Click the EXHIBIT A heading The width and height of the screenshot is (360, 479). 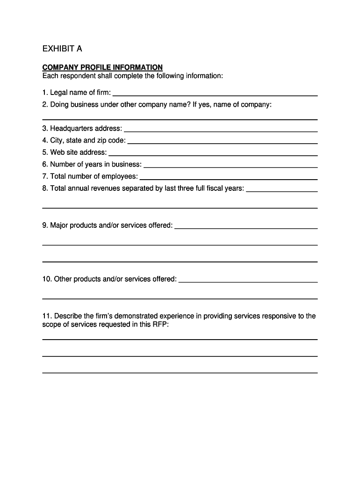(x=62, y=49)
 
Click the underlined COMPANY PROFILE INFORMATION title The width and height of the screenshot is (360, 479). (x=102, y=67)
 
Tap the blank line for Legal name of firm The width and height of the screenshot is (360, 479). (x=215, y=95)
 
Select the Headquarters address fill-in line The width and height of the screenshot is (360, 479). (x=221, y=131)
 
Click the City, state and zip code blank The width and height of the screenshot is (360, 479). (x=223, y=143)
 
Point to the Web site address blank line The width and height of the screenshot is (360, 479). (x=213, y=155)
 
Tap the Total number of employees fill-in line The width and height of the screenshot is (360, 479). (x=229, y=179)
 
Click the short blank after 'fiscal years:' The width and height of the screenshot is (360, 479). (x=282, y=191)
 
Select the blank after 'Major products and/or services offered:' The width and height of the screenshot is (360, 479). (x=246, y=228)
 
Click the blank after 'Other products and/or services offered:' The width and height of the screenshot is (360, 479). (x=248, y=282)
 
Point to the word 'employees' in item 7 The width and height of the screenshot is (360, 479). (x=122, y=176)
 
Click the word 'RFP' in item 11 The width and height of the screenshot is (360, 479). (x=160, y=324)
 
